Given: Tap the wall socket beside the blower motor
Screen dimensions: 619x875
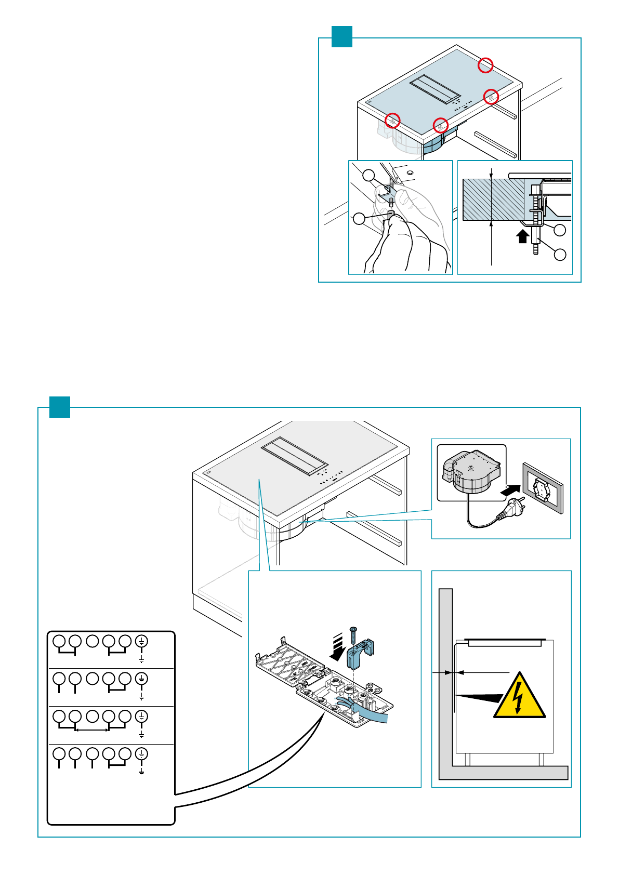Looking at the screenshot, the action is tap(543, 488).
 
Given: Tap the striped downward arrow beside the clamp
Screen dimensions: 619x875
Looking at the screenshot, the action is tap(337, 646).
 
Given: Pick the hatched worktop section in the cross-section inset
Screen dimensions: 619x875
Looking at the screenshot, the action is tap(494, 200).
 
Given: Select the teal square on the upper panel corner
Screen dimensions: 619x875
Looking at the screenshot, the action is tap(342, 36).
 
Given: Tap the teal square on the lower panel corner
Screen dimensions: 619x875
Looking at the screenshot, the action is tap(60, 407).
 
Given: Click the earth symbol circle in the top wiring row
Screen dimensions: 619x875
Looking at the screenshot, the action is tap(141, 641).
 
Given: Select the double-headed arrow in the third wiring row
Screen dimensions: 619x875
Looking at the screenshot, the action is tap(92, 730).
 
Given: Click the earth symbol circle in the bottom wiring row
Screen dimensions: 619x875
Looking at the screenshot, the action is tap(141, 753).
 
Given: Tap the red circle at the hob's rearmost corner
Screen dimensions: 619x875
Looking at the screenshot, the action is tap(485, 65).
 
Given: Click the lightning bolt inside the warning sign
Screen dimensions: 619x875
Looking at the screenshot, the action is tap(518, 697).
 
